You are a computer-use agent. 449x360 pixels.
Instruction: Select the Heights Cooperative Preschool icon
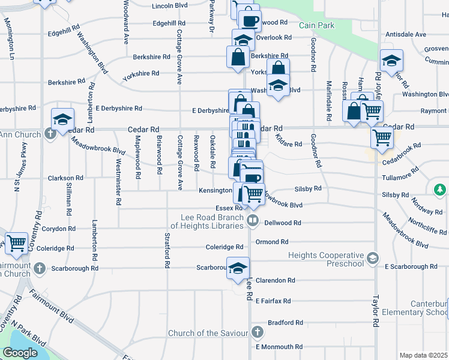tap(372, 258)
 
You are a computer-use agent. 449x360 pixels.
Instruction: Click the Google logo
tap(20, 353)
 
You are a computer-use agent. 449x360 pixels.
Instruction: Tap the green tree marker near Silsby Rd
tap(441, 190)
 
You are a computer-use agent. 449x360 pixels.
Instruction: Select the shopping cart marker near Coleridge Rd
tap(16, 242)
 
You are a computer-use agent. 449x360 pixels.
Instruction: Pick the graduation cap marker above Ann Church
tap(62, 118)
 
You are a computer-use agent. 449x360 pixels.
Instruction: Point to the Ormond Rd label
tap(272, 242)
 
